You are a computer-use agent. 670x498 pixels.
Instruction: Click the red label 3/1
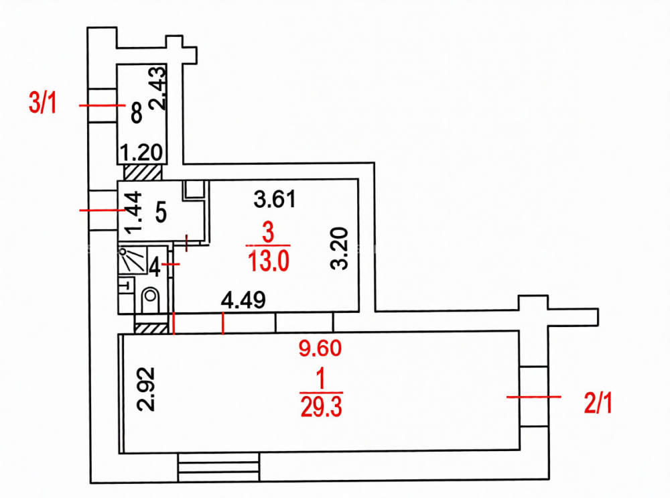42,103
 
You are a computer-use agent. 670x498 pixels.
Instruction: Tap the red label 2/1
598,403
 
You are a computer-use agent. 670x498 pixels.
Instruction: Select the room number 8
136,113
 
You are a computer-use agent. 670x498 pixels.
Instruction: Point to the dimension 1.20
141,153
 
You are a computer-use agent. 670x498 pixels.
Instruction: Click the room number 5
161,212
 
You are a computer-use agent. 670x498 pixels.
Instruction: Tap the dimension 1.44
133,212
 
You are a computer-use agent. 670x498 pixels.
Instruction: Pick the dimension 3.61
274,199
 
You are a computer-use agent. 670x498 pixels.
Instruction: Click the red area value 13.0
269,261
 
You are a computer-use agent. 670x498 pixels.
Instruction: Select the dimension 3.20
340,249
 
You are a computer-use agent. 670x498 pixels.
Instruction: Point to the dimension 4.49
243,300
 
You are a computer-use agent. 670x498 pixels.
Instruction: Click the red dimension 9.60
320,348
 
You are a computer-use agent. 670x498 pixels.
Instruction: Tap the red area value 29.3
322,407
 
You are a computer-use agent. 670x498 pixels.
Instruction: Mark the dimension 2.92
145,389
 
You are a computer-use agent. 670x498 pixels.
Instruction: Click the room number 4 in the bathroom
154,267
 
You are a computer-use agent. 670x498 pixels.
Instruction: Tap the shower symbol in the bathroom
132,260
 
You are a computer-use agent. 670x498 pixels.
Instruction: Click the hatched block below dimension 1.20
143,172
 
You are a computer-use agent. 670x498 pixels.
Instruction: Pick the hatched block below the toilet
151,328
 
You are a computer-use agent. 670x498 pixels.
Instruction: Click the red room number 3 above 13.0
268,233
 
